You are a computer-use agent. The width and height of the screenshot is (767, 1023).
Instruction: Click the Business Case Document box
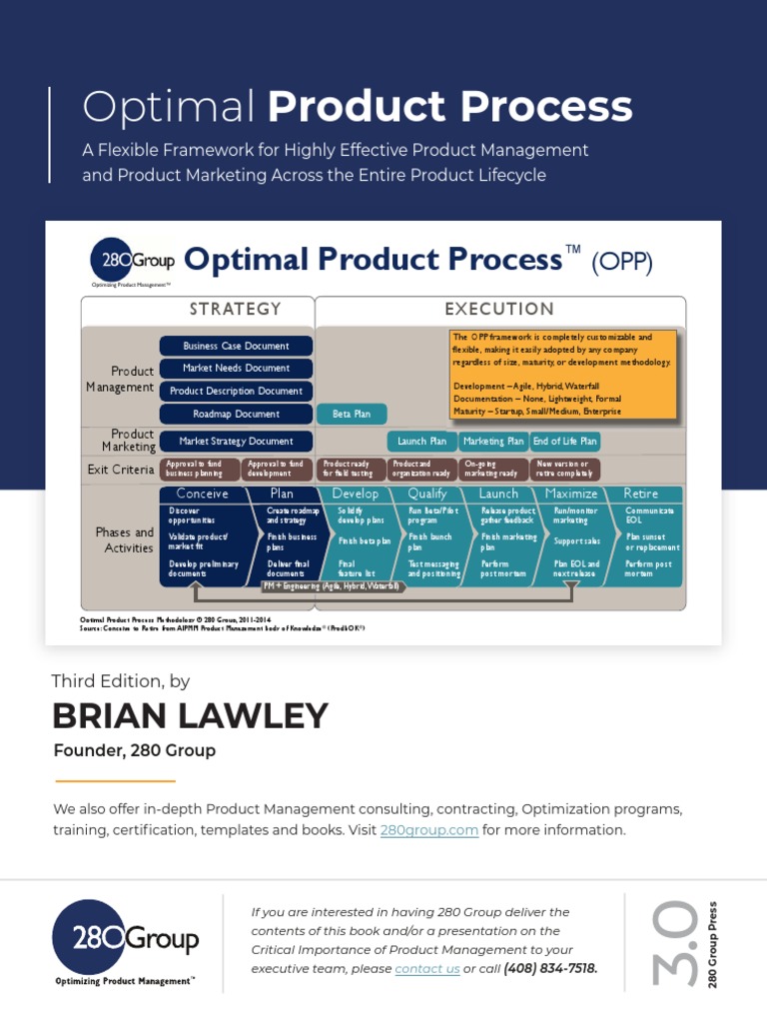[x=236, y=346]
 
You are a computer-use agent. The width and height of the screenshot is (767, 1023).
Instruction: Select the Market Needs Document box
[x=236, y=368]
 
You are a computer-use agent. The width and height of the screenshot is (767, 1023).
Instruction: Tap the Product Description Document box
[x=236, y=391]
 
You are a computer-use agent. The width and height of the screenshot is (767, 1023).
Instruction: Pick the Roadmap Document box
[x=236, y=414]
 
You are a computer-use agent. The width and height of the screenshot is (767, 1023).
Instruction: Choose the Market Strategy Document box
[x=236, y=441]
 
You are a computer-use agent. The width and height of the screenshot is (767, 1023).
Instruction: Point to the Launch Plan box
[x=421, y=441]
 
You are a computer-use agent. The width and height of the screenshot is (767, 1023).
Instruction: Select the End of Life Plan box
[x=565, y=441]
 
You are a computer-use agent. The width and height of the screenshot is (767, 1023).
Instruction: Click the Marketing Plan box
[x=493, y=441]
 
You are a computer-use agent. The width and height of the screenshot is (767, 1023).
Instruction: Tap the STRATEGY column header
[x=236, y=310]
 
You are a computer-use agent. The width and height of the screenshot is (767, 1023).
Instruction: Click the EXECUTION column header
[x=499, y=310]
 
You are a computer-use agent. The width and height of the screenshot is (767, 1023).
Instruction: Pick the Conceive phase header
[x=202, y=494]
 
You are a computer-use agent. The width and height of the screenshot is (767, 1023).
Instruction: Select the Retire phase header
[x=640, y=494]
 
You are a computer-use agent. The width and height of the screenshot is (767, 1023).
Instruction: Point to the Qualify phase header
[x=427, y=494]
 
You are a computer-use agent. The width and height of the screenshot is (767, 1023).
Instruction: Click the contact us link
[x=427, y=969]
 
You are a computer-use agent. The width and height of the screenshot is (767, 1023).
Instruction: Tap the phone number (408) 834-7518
[x=550, y=969]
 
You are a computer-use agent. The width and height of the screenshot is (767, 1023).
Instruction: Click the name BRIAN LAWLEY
[x=190, y=716]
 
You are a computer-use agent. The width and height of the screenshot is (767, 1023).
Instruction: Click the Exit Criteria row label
[x=121, y=470]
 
